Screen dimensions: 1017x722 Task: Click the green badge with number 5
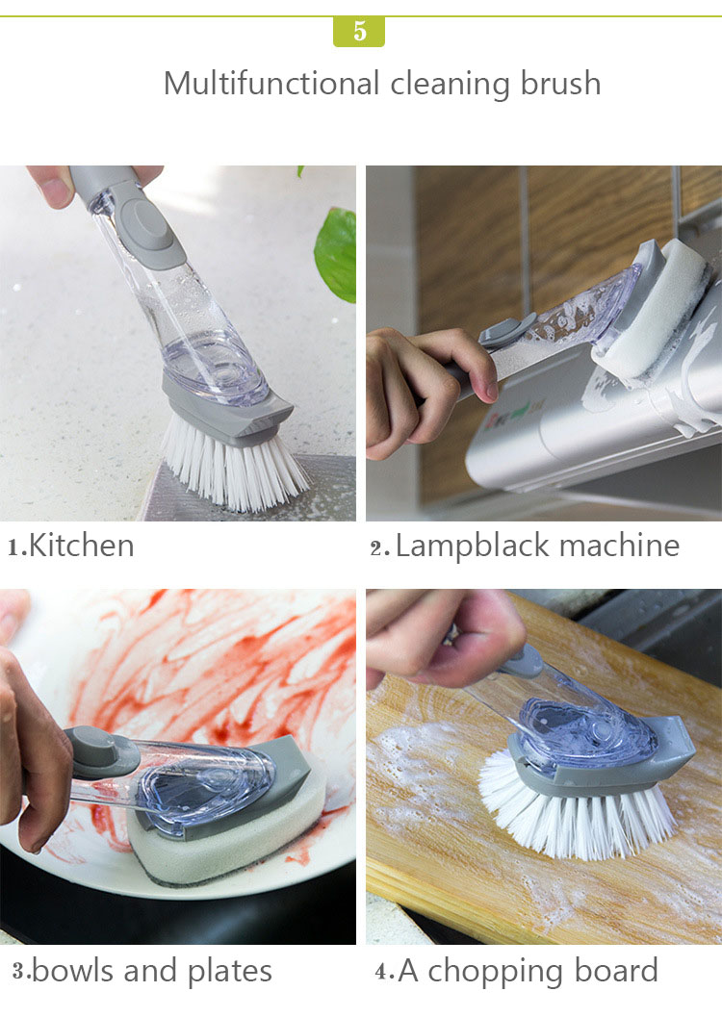click(359, 31)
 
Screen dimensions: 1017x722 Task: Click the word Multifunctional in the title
click(271, 84)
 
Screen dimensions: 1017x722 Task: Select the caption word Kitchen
click(82, 546)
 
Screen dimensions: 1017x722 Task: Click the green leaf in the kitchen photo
click(336, 252)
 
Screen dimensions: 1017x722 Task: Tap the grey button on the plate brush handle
click(101, 750)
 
